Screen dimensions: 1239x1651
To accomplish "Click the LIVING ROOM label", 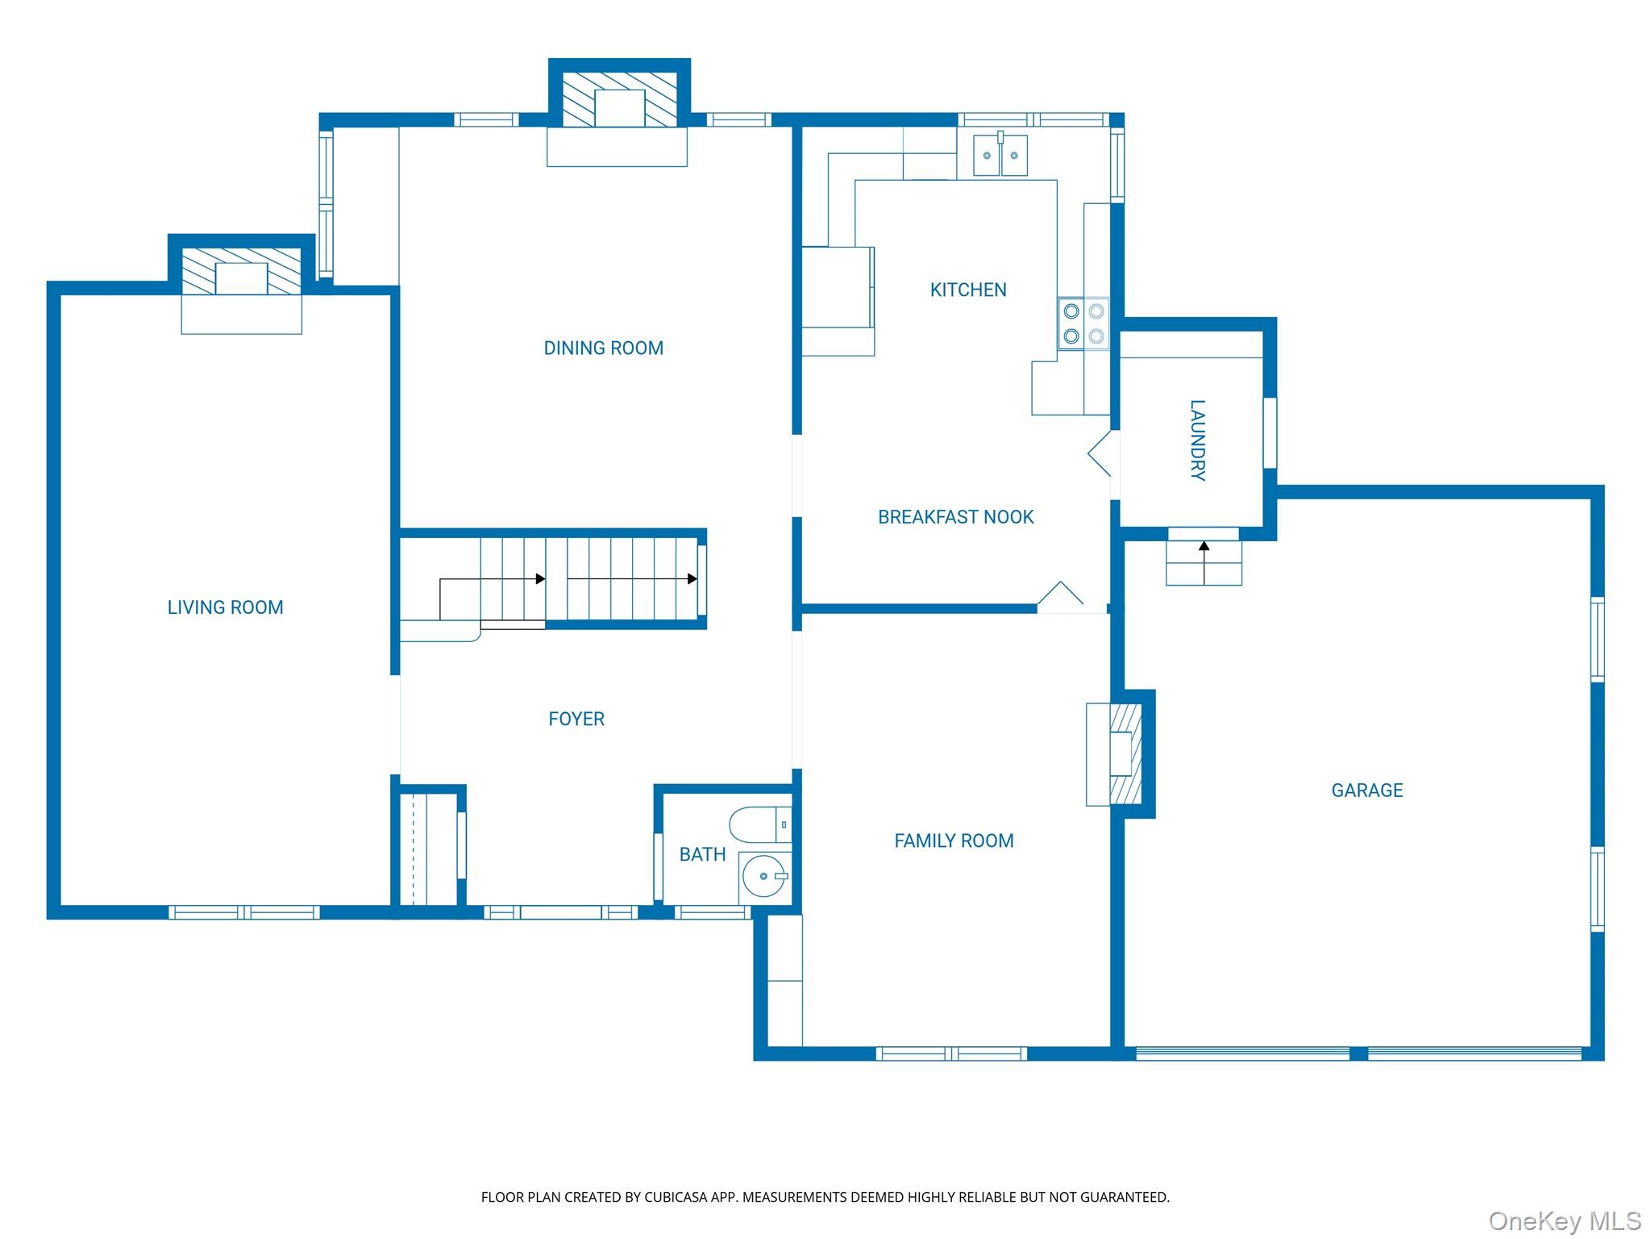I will tap(225, 607).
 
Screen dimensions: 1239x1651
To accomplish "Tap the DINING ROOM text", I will tap(603, 348).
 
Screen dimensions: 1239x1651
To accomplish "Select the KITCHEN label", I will tap(967, 290).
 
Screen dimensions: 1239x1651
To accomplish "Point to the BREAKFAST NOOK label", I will tap(955, 517).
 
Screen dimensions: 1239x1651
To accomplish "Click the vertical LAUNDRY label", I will tap(1197, 440).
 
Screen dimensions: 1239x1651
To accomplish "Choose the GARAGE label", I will tap(1366, 791).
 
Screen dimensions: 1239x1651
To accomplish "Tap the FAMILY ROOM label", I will tap(954, 841).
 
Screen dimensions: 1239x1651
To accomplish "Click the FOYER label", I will tap(576, 719).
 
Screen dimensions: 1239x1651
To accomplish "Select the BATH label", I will tap(702, 854).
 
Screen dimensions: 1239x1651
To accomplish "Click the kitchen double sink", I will tap(1000, 155).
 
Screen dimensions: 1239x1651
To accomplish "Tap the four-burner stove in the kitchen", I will tap(1083, 323).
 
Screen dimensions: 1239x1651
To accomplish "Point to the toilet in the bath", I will tap(759, 824).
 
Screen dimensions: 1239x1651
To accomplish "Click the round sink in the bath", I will tap(763, 876).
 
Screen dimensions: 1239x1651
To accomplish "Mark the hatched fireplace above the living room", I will tap(241, 272).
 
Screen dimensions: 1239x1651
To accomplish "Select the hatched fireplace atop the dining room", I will tap(619, 100).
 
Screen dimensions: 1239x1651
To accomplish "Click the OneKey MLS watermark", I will tap(1564, 1220).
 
